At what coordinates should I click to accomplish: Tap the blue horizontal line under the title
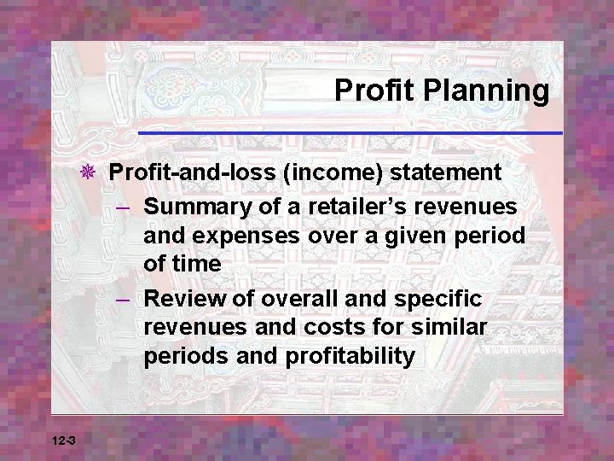point(350,133)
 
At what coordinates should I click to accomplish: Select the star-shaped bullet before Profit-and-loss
point(89,172)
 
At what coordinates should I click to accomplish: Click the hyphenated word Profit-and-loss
point(192,172)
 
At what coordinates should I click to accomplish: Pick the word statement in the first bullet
point(446,172)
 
